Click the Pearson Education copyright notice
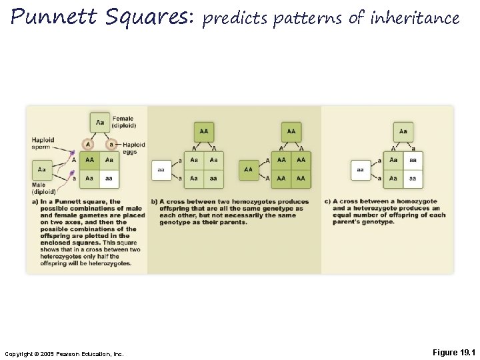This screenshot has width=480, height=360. point(64,353)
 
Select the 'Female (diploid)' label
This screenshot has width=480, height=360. point(124,122)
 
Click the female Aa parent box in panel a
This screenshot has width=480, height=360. point(100,122)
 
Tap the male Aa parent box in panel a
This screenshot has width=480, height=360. point(42,170)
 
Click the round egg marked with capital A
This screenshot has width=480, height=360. point(88,145)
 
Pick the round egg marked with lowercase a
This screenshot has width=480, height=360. point(111,145)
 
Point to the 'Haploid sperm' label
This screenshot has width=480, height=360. point(43,143)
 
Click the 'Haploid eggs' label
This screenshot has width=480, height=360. point(133,148)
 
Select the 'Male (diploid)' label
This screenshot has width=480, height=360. point(43,188)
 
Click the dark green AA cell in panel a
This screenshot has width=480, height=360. point(89,161)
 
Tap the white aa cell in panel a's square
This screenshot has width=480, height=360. point(109,179)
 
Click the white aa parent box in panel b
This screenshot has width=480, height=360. point(161,170)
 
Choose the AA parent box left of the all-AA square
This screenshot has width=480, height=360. point(249,170)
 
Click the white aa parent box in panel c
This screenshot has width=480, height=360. point(361,170)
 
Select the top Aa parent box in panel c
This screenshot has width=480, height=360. point(403,131)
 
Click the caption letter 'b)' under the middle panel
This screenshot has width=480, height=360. point(154,202)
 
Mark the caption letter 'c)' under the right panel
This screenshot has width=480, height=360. point(328,202)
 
